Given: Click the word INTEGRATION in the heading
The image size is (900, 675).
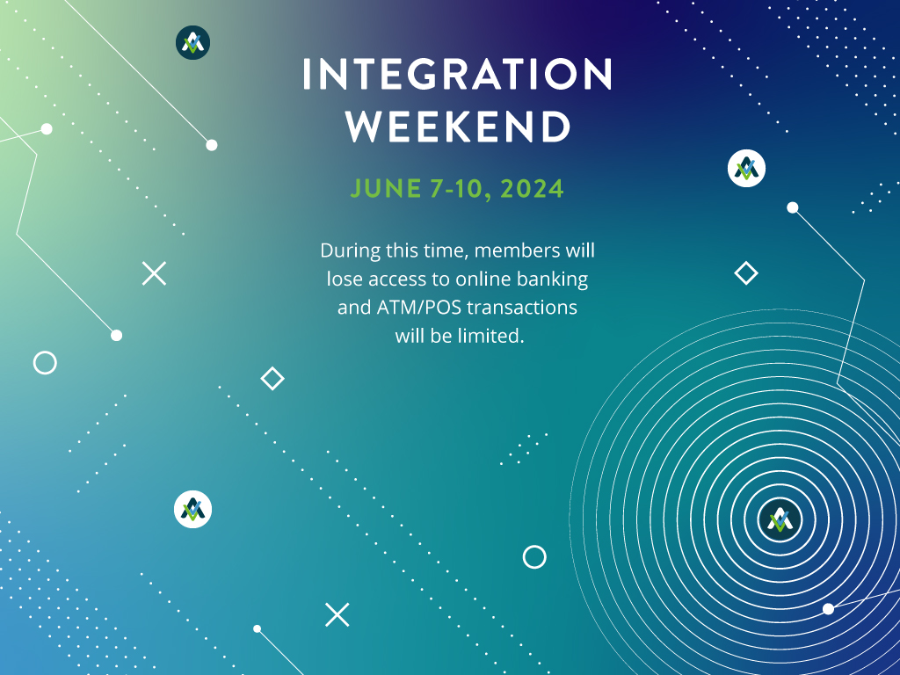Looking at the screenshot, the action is (x=457, y=74).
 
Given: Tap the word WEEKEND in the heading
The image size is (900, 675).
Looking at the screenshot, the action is (x=458, y=127).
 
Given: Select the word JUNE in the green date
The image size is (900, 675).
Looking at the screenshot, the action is (x=386, y=189).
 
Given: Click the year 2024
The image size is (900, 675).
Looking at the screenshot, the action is (x=532, y=189).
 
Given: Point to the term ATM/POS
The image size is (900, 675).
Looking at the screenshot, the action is (x=419, y=308).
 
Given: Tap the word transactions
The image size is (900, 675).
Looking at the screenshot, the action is (x=522, y=308).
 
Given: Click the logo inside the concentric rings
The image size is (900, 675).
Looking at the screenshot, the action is (x=780, y=519).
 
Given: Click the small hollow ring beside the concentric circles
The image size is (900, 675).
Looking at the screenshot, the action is (x=534, y=556).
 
